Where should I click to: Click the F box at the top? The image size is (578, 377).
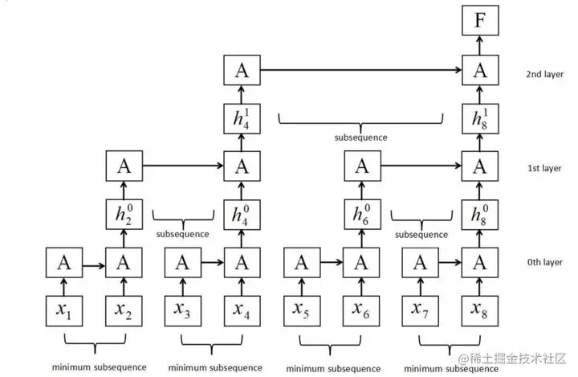[x=480, y=20]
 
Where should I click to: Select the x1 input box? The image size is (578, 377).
[x=63, y=311]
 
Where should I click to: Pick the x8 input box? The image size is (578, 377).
[x=480, y=311]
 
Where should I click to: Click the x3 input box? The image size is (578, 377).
[x=182, y=311]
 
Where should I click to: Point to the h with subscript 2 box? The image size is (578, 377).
[x=124, y=216]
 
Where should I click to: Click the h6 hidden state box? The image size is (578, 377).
[x=362, y=216]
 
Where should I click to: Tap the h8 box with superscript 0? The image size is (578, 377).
[x=480, y=216]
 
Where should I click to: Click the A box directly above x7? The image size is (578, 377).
[x=420, y=263]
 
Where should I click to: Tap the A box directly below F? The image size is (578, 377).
[x=480, y=71]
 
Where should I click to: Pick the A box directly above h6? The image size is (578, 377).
[x=362, y=167]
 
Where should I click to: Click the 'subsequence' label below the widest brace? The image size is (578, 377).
[x=360, y=137]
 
